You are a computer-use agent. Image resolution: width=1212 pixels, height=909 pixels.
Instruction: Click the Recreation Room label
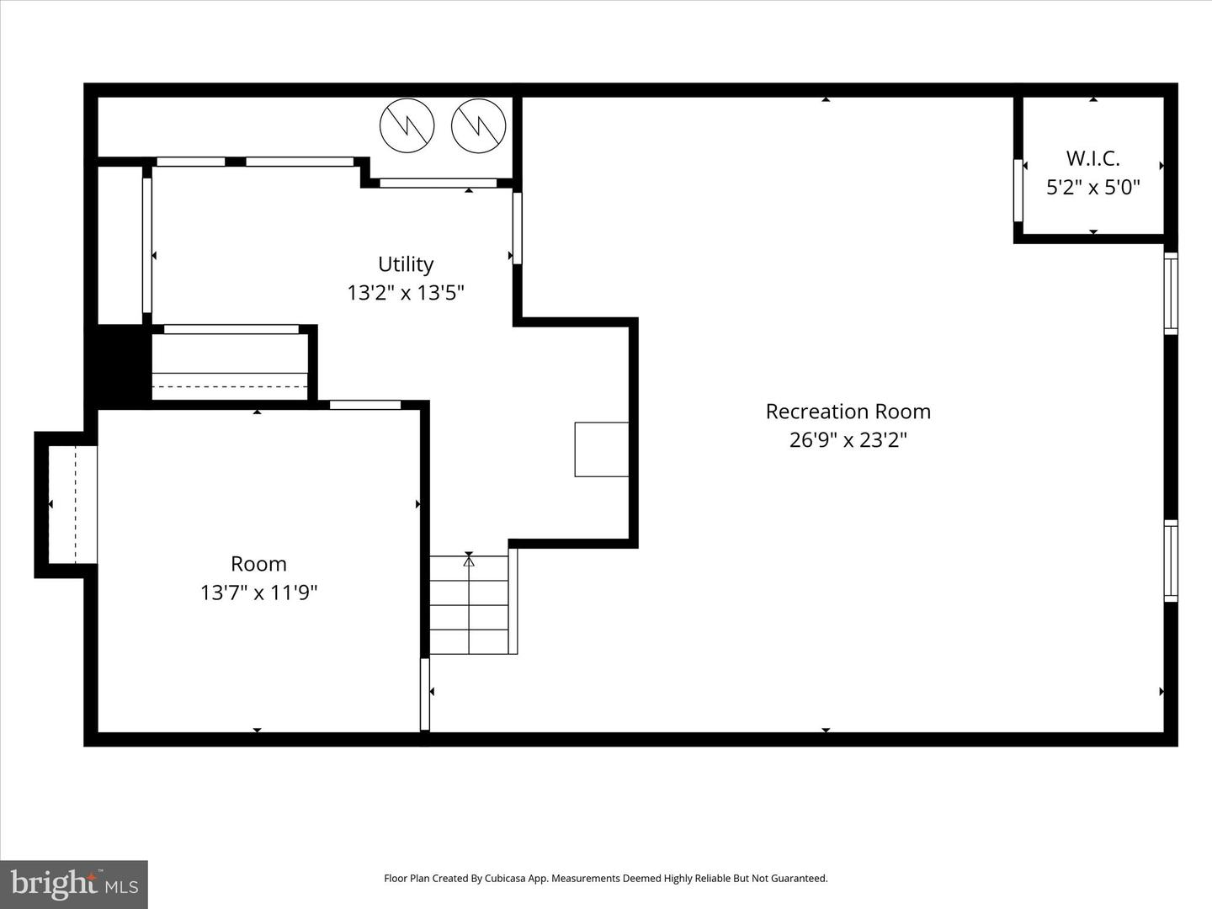[x=848, y=412]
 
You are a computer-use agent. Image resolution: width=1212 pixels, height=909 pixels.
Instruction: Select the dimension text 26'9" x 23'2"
[x=848, y=440]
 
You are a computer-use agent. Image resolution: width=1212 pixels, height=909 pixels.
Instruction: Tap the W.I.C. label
[x=1092, y=158]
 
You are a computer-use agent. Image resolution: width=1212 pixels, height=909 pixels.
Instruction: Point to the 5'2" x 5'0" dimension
[x=1092, y=187]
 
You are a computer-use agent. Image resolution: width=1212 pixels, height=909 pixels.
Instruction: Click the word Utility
[x=406, y=264]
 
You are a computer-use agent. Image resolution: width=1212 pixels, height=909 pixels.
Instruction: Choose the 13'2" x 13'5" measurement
[x=406, y=293]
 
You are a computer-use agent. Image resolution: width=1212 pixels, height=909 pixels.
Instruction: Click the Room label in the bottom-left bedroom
[x=258, y=564]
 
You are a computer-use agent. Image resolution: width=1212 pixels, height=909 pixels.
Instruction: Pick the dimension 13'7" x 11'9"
[x=258, y=593]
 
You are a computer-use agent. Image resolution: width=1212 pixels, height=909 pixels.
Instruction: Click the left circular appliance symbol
[x=407, y=126]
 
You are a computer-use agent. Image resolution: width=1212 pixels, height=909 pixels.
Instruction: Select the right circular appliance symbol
[x=478, y=126]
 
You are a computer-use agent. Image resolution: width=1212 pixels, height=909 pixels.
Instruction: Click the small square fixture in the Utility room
[x=601, y=449]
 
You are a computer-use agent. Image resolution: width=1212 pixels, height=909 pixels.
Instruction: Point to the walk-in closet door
[x=1018, y=190]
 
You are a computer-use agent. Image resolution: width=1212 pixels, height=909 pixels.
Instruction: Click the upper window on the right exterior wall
[x=1171, y=293]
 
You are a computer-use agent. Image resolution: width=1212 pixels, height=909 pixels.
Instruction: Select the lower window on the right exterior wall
[x=1171, y=561]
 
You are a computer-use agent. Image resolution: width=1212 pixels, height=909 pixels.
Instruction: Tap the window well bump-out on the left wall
[x=66, y=504]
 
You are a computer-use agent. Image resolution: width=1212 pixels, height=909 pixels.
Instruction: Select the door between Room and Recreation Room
[x=425, y=694]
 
